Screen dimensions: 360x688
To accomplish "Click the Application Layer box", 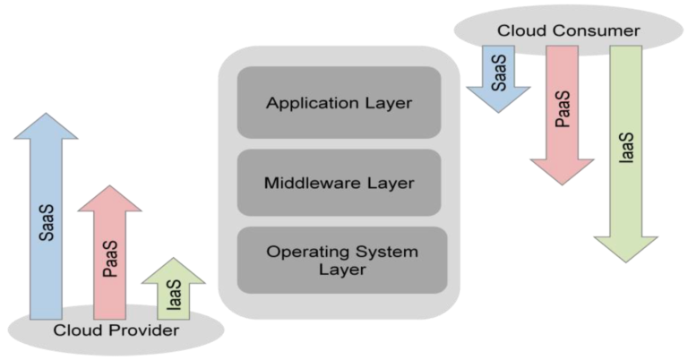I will (339, 102).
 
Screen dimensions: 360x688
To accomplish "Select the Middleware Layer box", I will (339, 183).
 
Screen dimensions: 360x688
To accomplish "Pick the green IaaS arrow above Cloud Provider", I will (173, 289).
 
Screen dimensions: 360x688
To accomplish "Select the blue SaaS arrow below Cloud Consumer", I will (497, 76).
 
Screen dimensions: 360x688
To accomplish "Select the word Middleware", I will (305, 183).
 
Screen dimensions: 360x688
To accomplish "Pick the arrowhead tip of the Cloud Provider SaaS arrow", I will (46, 115).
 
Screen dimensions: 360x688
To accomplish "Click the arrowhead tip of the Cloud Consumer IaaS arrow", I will (625, 261).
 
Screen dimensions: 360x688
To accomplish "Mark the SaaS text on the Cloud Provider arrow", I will (47, 221).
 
